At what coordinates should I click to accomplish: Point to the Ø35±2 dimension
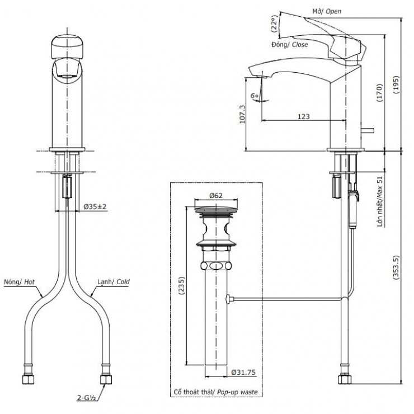[96, 206]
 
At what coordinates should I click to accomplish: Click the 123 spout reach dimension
[303, 116]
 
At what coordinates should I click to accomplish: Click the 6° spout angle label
[255, 96]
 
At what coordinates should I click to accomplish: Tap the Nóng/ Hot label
[19, 283]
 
